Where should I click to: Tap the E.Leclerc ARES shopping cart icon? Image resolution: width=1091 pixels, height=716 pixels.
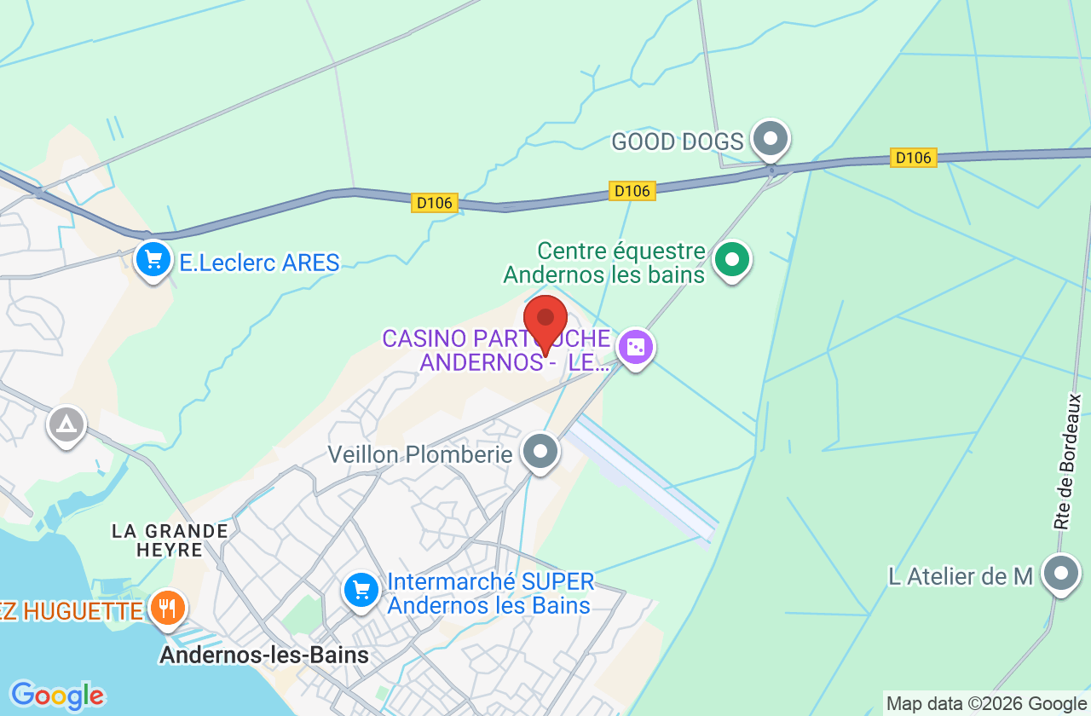[153, 259]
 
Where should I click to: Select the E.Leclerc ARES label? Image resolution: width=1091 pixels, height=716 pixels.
[259, 263]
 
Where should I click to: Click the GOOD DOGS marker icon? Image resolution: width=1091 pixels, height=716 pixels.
[771, 138]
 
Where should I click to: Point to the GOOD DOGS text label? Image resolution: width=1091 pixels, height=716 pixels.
[678, 141]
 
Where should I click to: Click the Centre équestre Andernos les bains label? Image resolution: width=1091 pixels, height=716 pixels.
[604, 263]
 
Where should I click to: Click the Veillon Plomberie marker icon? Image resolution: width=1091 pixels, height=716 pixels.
[540, 451]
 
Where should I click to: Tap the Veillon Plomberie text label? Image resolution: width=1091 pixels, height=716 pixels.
[420, 454]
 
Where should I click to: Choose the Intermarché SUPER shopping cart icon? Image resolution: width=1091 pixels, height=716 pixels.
[361, 589]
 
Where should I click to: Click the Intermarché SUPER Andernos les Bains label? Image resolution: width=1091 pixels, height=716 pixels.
[490, 594]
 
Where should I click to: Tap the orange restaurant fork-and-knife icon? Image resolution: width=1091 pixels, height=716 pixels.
[167, 609]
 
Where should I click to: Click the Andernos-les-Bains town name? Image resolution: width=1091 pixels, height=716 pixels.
[264, 655]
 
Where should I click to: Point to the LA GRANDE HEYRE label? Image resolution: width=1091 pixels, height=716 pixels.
[170, 540]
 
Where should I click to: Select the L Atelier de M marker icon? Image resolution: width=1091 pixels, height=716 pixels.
[1061, 574]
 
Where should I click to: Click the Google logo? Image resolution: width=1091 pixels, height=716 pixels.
[57, 696]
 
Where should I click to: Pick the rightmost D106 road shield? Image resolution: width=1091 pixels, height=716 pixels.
[913, 158]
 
